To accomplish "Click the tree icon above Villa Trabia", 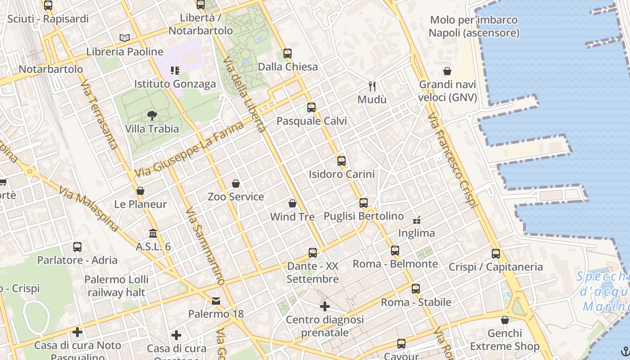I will (152, 116).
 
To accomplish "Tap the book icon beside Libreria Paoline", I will (125, 38).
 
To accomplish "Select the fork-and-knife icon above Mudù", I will (372, 86).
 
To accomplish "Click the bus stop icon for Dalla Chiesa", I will (288, 54).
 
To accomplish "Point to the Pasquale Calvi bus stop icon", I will (311, 108).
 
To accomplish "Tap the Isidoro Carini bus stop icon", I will (342, 161).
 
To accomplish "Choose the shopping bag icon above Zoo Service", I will (236, 184).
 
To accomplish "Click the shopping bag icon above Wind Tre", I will (292, 203).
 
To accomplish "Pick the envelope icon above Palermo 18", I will (216, 301).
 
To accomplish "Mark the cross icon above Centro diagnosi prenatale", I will (325, 306).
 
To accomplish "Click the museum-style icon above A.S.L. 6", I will (153, 234).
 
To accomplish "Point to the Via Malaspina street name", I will (88, 209).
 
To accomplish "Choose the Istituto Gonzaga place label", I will (175, 84).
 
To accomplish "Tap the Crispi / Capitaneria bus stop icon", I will (496, 253).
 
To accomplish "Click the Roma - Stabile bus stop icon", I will (416, 289).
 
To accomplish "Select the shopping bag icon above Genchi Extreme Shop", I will (505, 320).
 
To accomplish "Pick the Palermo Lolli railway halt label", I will (116, 286).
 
